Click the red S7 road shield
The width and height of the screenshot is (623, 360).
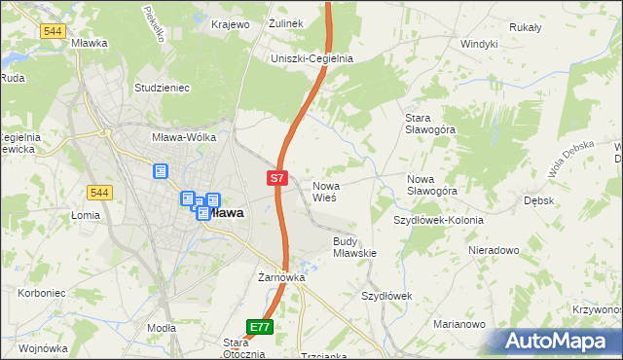point(277,178)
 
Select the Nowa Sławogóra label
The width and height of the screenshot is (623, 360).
point(432,185)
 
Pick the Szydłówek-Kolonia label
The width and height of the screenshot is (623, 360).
point(438,220)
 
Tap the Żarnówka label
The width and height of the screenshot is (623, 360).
point(281,277)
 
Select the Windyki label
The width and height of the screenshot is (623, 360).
point(479,44)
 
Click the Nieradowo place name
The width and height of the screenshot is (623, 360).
point(493,250)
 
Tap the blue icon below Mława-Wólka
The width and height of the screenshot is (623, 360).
point(161,171)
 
